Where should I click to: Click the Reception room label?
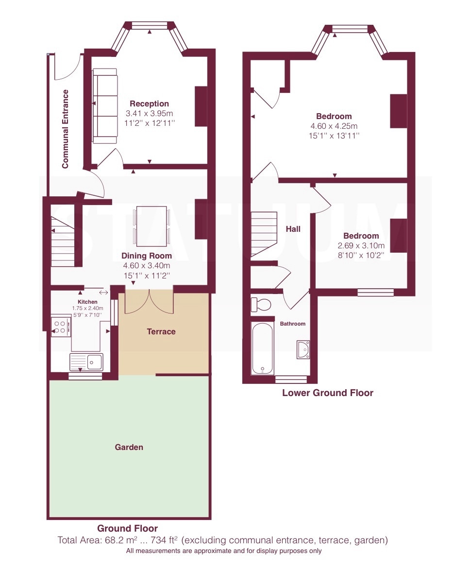[x=149, y=104]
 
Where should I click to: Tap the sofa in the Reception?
[x=105, y=106]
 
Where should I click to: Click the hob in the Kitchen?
[x=61, y=327]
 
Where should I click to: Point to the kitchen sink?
[x=86, y=362]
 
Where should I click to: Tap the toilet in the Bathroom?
[x=260, y=304]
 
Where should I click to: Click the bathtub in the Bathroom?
[x=262, y=348]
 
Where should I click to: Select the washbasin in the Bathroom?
[x=303, y=349]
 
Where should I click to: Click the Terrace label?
[x=161, y=332]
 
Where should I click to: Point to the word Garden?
[x=129, y=447]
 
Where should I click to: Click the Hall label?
[x=293, y=229]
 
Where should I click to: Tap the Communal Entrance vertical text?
[x=65, y=129]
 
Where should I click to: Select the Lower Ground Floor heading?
[x=328, y=393]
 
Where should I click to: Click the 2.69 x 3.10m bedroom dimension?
[x=361, y=245]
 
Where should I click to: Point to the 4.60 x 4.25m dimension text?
[x=334, y=126]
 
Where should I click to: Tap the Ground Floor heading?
[x=128, y=528]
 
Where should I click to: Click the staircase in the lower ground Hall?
[x=264, y=234]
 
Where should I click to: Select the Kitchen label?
[x=88, y=302]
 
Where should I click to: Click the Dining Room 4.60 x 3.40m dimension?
[x=147, y=266]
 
